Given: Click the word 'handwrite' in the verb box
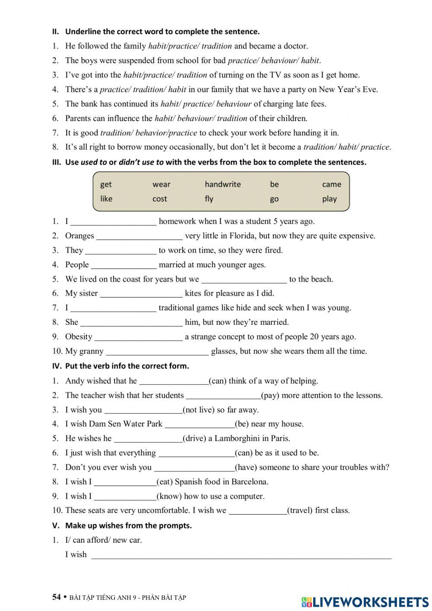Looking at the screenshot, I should coord(222,184).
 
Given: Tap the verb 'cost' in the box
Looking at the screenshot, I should coord(159,199).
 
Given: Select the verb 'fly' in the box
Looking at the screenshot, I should coord(209,199).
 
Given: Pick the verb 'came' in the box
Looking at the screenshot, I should coord(331,184).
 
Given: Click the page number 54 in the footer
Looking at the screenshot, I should coord(57,597).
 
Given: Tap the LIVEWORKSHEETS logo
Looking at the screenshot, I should coord(365,602).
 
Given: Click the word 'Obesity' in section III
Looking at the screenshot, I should coord(79,337).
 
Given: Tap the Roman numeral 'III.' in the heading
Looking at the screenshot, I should coord(57,163).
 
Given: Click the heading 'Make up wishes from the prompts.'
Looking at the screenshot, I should coord(128,526).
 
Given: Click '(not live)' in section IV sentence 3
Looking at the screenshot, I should coord(199,410).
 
